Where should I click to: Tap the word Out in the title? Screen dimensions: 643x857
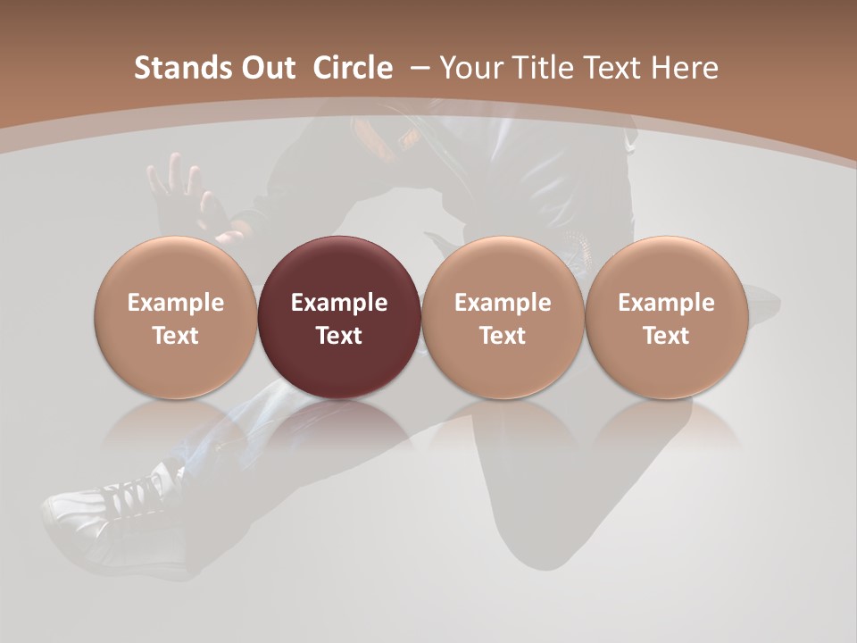coord(265,68)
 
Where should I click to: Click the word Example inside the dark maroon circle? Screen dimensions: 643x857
coord(339,303)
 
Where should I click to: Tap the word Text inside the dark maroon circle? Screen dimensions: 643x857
coord(339,336)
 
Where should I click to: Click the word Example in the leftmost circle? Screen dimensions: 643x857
coord(175,303)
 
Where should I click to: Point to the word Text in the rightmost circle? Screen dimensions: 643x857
coord(666,336)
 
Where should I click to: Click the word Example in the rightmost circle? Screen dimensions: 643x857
coord(666,303)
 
